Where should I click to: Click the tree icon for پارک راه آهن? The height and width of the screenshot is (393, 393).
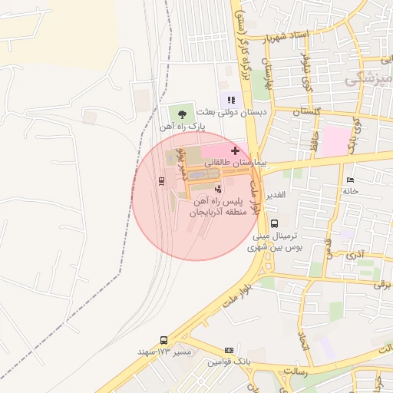click(181, 114)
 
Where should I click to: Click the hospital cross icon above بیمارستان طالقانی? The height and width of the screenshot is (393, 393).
click(235, 150)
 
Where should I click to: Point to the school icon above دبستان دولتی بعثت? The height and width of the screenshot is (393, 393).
click(230, 99)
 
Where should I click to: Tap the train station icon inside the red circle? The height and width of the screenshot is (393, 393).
click(161, 181)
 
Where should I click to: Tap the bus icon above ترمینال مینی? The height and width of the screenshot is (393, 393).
click(275, 223)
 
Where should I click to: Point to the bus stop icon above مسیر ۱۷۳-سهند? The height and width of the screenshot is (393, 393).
click(163, 340)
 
